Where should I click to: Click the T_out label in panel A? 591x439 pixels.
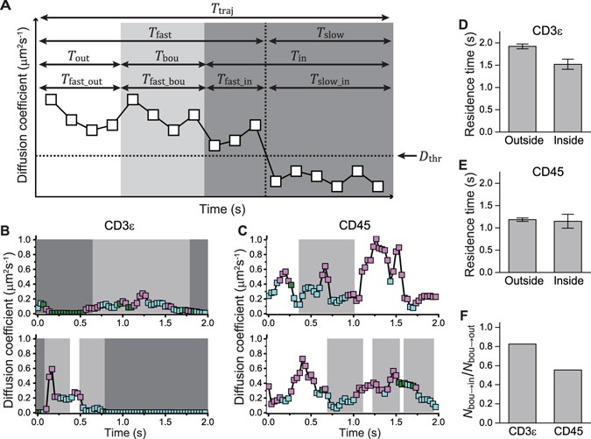[x=79, y=55]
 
